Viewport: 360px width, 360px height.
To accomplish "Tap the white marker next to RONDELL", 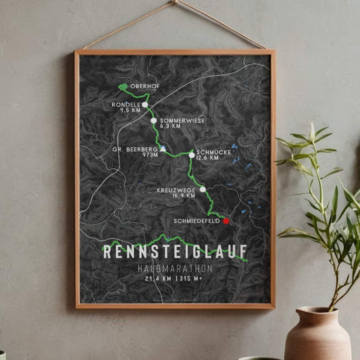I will point(145,105).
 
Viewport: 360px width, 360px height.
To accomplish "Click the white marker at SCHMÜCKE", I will point(192,155).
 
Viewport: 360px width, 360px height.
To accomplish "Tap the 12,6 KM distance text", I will point(207,159).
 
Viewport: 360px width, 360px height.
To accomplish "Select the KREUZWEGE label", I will point(179,190).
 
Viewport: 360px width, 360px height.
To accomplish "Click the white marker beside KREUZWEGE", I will point(203,190).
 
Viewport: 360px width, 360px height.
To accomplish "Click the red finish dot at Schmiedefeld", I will point(226,221).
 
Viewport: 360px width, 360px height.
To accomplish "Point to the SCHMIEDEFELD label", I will point(197,221).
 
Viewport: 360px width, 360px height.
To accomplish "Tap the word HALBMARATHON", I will point(174,268).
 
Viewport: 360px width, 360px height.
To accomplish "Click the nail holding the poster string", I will point(174,2).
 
